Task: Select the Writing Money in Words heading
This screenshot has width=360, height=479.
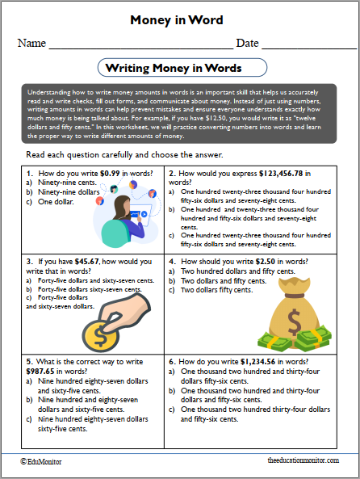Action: (180, 68)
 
